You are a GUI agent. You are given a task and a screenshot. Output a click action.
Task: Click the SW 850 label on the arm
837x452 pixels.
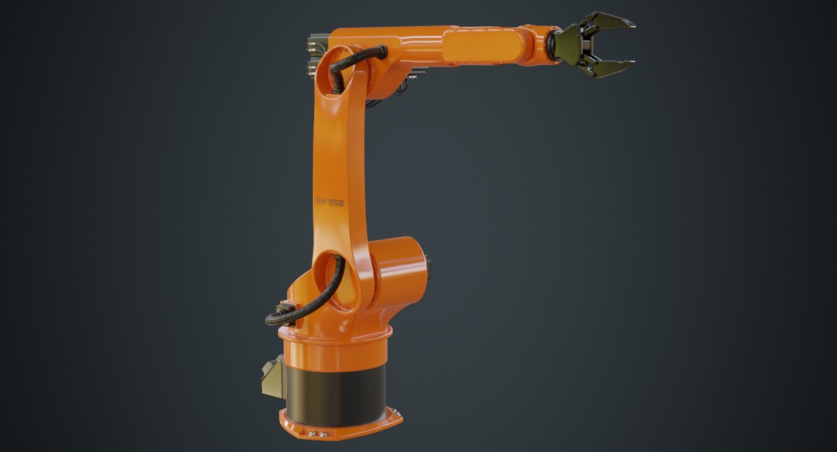[330, 202]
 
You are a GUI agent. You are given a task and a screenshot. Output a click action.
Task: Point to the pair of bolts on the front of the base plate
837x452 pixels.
[317, 434]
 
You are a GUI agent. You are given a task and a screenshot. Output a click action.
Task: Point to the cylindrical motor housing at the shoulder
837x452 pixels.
[401, 266]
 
